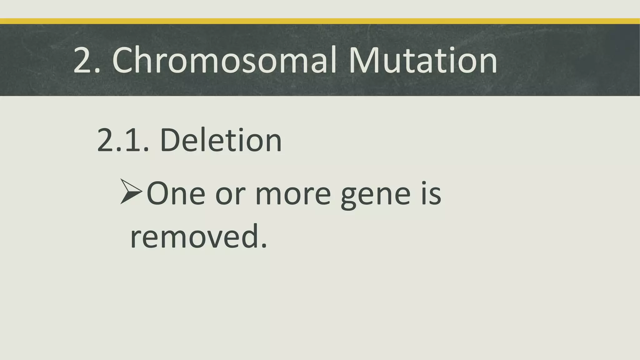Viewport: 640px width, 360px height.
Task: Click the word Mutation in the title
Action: coord(422,60)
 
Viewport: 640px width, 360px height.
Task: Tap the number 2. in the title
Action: coord(86,60)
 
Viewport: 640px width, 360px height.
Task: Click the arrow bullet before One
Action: coord(131,192)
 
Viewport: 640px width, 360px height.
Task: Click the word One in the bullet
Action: coord(176,194)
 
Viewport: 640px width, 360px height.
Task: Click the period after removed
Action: coord(264,246)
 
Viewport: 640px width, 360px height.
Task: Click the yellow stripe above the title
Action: coord(320,21)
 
